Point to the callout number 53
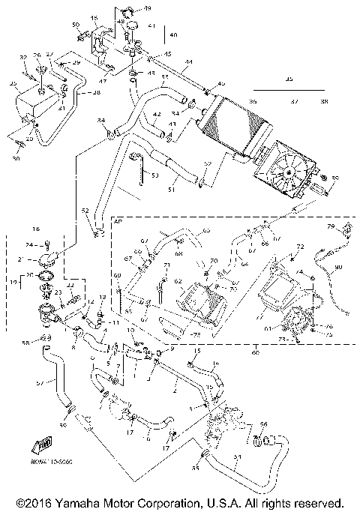tap(154, 176)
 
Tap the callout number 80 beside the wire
tap(337, 268)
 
